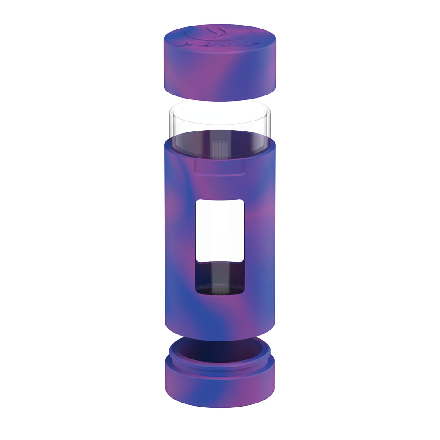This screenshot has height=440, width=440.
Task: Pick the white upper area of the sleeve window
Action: [220, 229]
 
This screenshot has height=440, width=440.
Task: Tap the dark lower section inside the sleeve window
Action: [220, 277]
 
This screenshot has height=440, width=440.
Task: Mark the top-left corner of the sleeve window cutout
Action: [197, 201]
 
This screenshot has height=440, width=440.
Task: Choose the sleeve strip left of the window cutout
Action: [180, 246]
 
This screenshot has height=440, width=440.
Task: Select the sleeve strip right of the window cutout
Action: [260, 246]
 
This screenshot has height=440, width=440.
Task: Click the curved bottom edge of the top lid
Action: [220, 100]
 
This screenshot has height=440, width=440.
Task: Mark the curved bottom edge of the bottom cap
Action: [220, 407]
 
